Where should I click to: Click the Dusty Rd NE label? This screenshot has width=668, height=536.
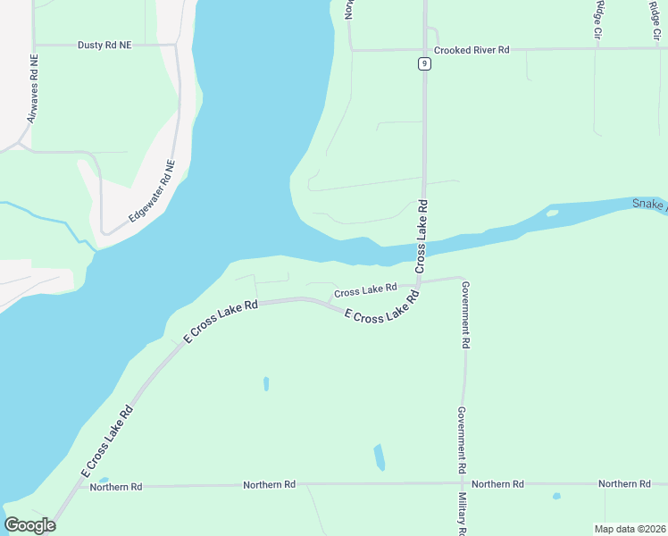(104, 44)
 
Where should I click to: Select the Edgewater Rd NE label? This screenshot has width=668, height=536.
(152, 191)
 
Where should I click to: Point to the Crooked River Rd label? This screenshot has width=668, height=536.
(471, 50)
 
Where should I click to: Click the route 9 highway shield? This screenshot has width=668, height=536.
(424, 63)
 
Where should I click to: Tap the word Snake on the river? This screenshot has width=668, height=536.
(648, 204)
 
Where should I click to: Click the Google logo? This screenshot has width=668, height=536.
(30, 525)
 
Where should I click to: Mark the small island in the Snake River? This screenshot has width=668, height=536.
(552, 214)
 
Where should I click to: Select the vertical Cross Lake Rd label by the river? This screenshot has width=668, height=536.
(422, 237)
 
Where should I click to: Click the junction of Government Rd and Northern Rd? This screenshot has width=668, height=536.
(463, 483)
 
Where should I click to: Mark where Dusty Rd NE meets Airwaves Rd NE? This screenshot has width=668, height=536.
(34, 44)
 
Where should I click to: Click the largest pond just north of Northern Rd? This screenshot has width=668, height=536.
(380, 456)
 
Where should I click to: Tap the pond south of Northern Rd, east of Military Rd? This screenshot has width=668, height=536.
(556, 496)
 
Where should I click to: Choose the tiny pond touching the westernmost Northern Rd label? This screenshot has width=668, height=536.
(104, 480)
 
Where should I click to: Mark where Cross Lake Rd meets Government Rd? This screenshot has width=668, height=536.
(461, 278)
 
